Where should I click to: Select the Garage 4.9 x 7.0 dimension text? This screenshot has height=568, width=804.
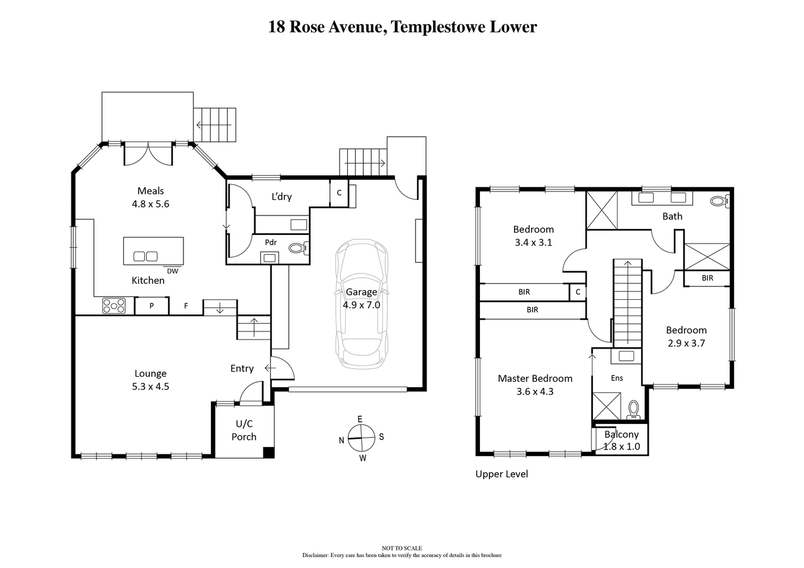[x=361, y=305]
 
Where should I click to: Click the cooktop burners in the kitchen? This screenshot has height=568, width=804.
[x=114, y=306]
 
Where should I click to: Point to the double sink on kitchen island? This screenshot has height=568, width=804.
[x=145, y=257]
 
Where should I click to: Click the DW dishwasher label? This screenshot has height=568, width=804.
[x=172, y=271]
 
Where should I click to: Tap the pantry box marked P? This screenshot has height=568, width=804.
[x=152, y=306]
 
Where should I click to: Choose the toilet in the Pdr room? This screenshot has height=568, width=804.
[x=298, y=247]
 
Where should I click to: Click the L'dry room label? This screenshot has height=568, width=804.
[x=282, y=197]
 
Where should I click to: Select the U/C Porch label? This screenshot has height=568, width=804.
[x=244, y=430]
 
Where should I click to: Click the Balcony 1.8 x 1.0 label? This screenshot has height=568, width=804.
[x=621, y=441]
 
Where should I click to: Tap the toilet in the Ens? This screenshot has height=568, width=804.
[x=634, y=409]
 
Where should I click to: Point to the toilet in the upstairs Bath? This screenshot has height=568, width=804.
[x=718, y=201]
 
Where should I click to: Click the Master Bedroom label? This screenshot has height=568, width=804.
[x=535, y=379]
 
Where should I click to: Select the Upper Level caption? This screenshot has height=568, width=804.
[x=501, y=474]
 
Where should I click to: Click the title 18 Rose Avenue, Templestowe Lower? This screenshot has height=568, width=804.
[x=402, y=27]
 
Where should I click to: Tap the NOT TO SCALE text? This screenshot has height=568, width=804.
[x=402, y=548]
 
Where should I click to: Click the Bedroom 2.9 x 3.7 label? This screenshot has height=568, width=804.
[x=686, y=337]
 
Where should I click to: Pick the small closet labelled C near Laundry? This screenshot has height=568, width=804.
[x=339, y=192]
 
